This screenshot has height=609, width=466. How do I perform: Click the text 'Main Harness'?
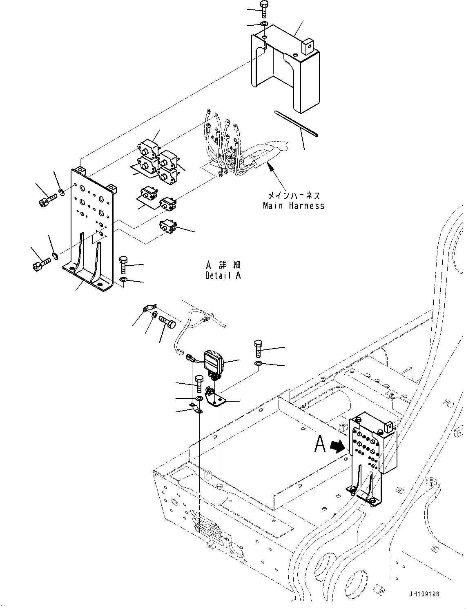(x=294, y=206)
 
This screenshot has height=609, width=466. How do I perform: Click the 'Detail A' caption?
(x=223, y=276)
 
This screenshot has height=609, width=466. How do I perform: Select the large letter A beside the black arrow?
(x=321, y=445)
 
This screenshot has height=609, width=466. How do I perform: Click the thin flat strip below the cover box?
(x=297, y=123)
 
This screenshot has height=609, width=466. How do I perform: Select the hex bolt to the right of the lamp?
(x=258, y=348)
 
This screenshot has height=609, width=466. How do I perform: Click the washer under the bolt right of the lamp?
(x=259, y=363)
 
